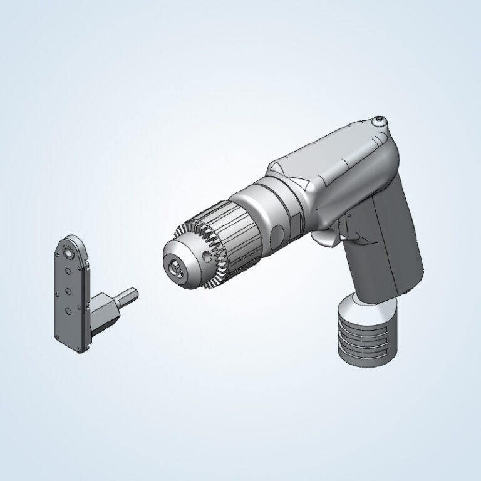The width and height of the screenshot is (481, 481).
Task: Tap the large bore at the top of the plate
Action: point(68,251)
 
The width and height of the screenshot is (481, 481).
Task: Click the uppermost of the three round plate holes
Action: point(68,271)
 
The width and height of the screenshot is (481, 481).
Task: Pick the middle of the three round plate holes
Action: point(68,291)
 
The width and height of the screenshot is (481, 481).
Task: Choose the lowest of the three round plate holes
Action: point(68,310)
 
